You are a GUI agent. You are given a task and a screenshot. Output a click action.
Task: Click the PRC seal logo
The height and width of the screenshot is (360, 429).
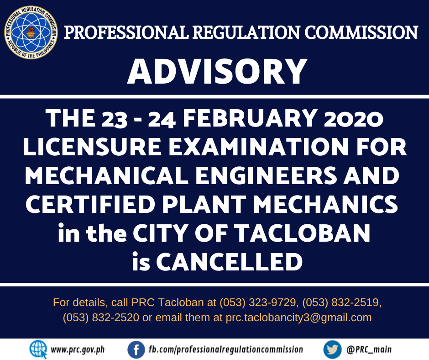click(31, 32)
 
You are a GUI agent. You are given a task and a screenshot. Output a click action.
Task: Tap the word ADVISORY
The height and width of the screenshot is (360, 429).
click(217, 72)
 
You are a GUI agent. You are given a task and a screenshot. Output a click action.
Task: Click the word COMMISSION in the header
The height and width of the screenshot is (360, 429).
click(361, 32)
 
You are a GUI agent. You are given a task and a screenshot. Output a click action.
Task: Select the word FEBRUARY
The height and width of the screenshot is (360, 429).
click(250, 118)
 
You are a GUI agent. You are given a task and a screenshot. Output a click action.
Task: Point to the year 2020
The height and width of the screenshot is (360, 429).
click(353, 119)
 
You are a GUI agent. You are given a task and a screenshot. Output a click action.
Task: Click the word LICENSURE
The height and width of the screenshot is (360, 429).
click(92, 147)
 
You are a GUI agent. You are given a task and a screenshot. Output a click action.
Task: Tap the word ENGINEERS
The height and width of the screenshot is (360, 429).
click(266, 175)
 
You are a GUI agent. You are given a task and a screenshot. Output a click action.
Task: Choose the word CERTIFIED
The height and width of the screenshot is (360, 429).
click(90, 204)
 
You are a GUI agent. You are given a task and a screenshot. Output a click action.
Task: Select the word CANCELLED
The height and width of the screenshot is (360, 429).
click(229, 262)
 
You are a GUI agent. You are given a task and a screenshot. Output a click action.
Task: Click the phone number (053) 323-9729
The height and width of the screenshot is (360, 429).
click(258, 302)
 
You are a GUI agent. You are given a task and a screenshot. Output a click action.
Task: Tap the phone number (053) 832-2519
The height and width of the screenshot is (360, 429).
click(341, 302)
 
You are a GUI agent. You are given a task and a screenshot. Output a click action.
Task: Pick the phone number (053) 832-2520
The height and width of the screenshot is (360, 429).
click(101, 318)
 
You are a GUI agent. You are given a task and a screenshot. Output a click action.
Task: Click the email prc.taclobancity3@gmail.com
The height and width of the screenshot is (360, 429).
click(298, 318)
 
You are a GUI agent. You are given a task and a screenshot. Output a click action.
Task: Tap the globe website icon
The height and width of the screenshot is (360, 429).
click(38, 349)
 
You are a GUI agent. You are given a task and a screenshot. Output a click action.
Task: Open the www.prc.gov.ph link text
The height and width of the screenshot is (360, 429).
click(78, 350)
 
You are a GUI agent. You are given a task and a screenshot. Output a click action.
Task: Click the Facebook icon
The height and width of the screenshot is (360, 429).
click(136, 349)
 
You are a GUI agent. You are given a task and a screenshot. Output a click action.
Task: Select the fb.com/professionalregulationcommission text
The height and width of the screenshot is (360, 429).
click(226, 349)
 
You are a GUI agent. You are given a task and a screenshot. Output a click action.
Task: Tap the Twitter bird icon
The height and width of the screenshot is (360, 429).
click(332, 349)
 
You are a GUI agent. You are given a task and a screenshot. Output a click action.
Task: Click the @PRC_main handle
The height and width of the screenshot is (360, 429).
click(369, 349)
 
